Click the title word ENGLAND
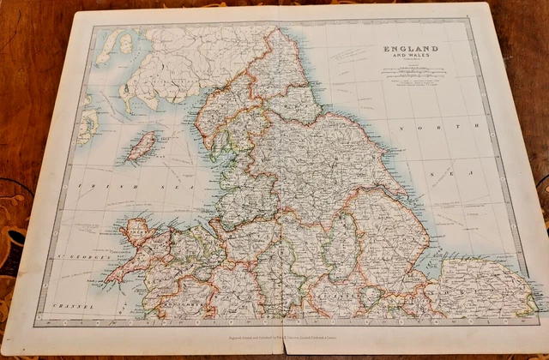[x=409, y=49]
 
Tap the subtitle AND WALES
[x=409, y=58]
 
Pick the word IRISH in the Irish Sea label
[x=88, y=185]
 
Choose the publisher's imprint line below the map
[x=292, y=339]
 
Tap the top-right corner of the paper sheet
[x=491, y=4]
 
